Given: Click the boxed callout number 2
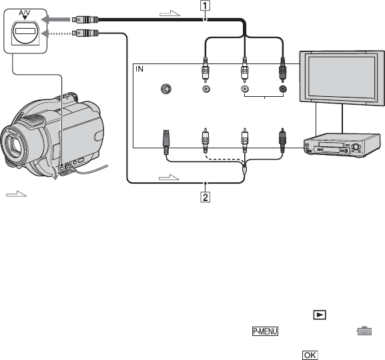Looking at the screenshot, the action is click(x=206, y=197).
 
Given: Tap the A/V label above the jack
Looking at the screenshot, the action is click(x=25, y=13).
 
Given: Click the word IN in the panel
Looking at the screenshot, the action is click(x=139, y=69).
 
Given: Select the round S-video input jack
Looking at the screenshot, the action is click(x=166, y=89).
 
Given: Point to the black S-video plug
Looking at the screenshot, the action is click(x=166, y=142).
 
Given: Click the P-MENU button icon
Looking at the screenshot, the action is click(x=265, y=331).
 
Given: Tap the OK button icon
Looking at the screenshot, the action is click(x=310, y=355).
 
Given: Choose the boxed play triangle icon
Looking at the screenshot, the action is click(x=320, y=315).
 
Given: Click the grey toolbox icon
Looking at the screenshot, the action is click(x=364, y=331).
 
